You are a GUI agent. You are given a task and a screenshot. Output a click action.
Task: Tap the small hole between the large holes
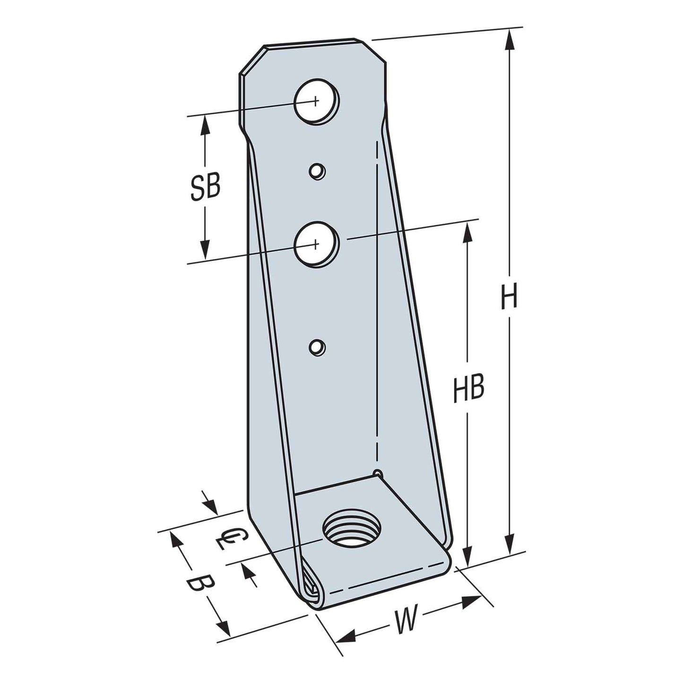[317, 171]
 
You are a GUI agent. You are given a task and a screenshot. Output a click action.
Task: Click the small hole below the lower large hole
[317, 348]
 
